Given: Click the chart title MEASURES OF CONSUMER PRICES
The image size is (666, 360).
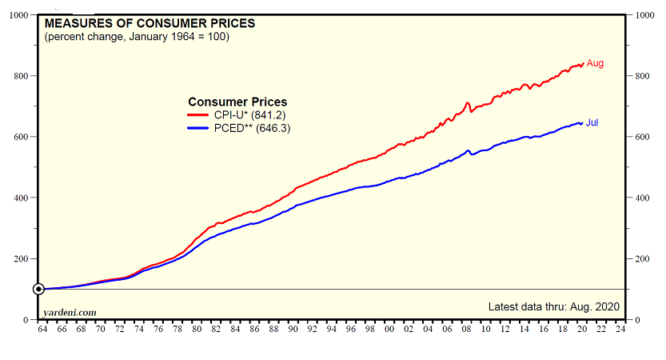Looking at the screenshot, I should (150, 23).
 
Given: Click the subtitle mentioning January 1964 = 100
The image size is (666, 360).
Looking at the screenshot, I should (137, 37).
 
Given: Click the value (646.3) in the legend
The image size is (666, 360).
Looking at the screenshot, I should (273, 128).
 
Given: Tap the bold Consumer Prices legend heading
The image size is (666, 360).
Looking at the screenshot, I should (237, 102).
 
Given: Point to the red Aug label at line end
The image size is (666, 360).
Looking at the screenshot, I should (595, 63).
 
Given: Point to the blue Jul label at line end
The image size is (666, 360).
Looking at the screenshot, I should (592, 122).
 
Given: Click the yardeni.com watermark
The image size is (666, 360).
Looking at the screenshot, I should (70, 312).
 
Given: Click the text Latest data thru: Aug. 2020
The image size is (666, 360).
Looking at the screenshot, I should (553, 306).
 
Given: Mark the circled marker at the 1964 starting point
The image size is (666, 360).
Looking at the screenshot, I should (38, 289).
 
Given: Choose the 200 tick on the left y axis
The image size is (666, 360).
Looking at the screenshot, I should (22, 259).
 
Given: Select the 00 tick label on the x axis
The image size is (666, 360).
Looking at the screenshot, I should (389, 328).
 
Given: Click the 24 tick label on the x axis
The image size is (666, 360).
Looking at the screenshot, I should (621, 328).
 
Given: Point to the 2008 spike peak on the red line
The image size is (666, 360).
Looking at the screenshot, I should (467, 102).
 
